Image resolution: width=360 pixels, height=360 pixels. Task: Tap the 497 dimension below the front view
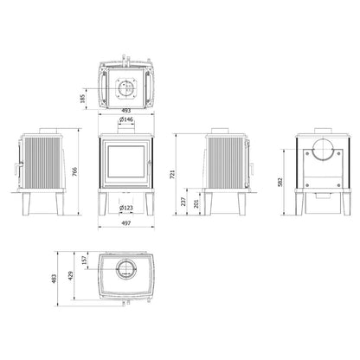(126, 222)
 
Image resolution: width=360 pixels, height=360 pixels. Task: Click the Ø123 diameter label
(126, 208)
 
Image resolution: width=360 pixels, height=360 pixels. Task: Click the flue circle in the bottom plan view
(126, 267)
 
